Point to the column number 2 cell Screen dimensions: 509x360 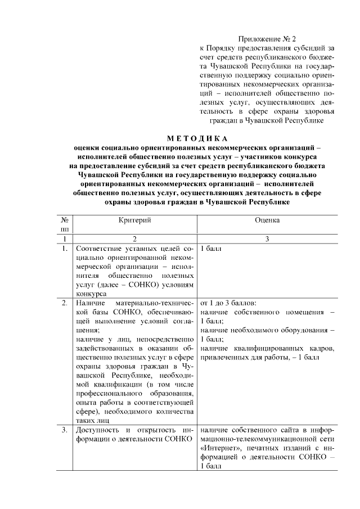(x=135, y=239)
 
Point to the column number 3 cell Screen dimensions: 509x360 (x=267, y=239)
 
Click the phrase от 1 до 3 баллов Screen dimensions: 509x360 (x=228, y=303)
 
